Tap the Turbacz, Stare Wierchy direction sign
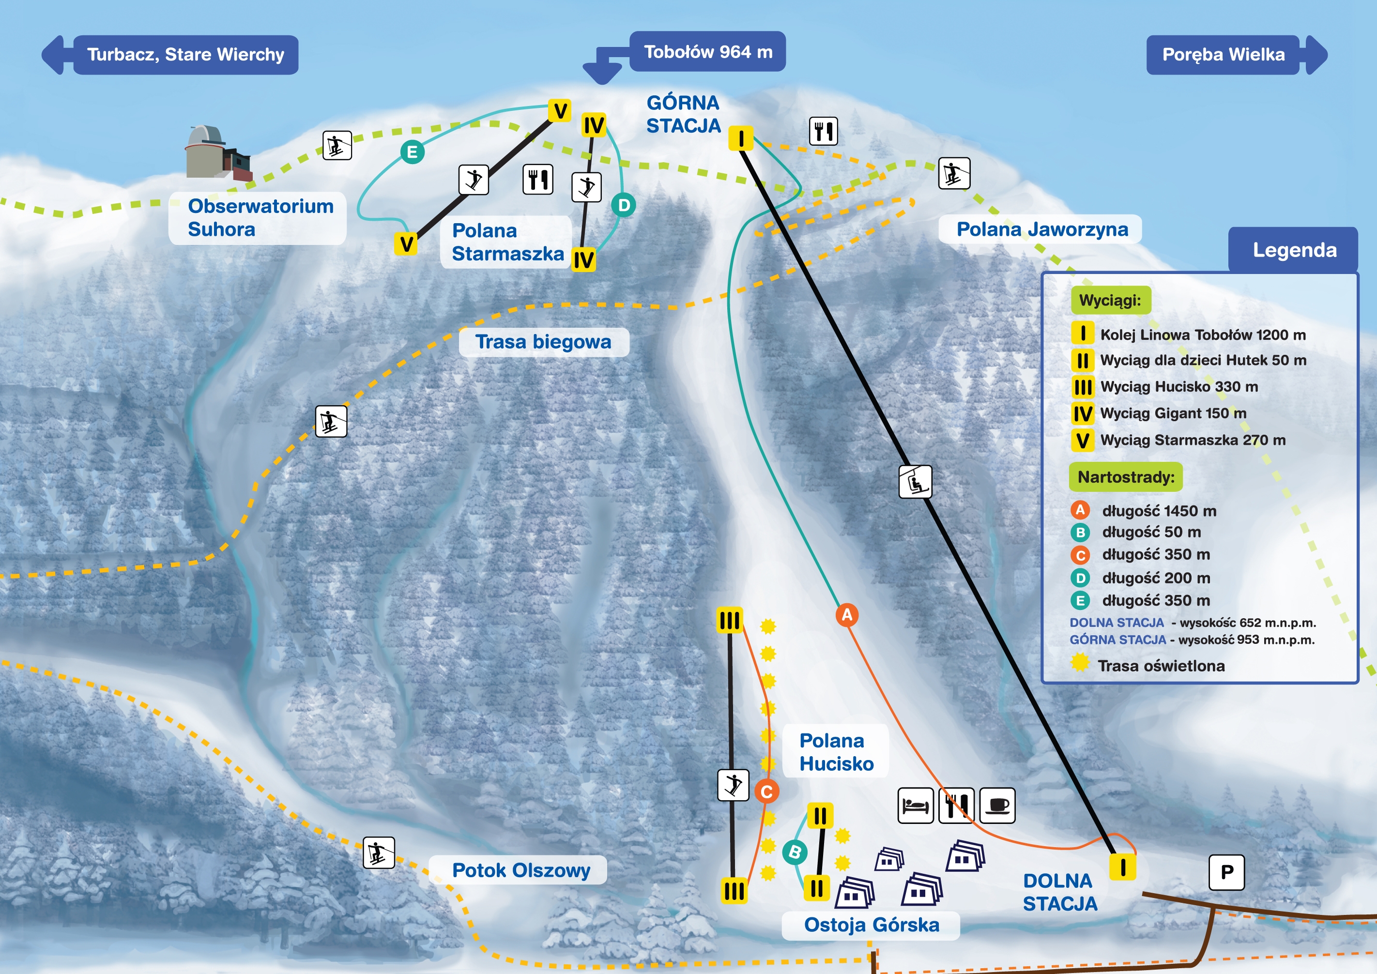pyautogui.click(x=170, y=55)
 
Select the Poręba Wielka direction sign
pyautogui.click(x=1237, y=55)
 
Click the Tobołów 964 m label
pyautogui.click(x=708, y=52)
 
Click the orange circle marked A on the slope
pyautogui.click(x=847, y=615)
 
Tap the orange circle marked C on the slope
pyautogui.click(x=766, y=791)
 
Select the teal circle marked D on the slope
pyautogui.click(x=624, y=205)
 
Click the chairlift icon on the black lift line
pyautogui.click(x=915, y=482)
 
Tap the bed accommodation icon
pyautogui.click(x=915, y=806)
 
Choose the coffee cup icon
pyautogui.click(x=997, y=806)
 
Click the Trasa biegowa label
pyautogui.click(x=543, y=342)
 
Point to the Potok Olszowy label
pyautogui.click(x=520, y=870)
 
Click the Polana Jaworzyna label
pyautogui.click(x=1042, y=229)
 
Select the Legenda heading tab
pyautogui.click(x=1294, y=250)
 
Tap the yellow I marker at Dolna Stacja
pyautogui.click(x=1123, y=867)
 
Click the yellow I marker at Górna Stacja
pyautogui.click(x=741, y=138)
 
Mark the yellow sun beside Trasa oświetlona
pyautogui.click(x=1080, y=663)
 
